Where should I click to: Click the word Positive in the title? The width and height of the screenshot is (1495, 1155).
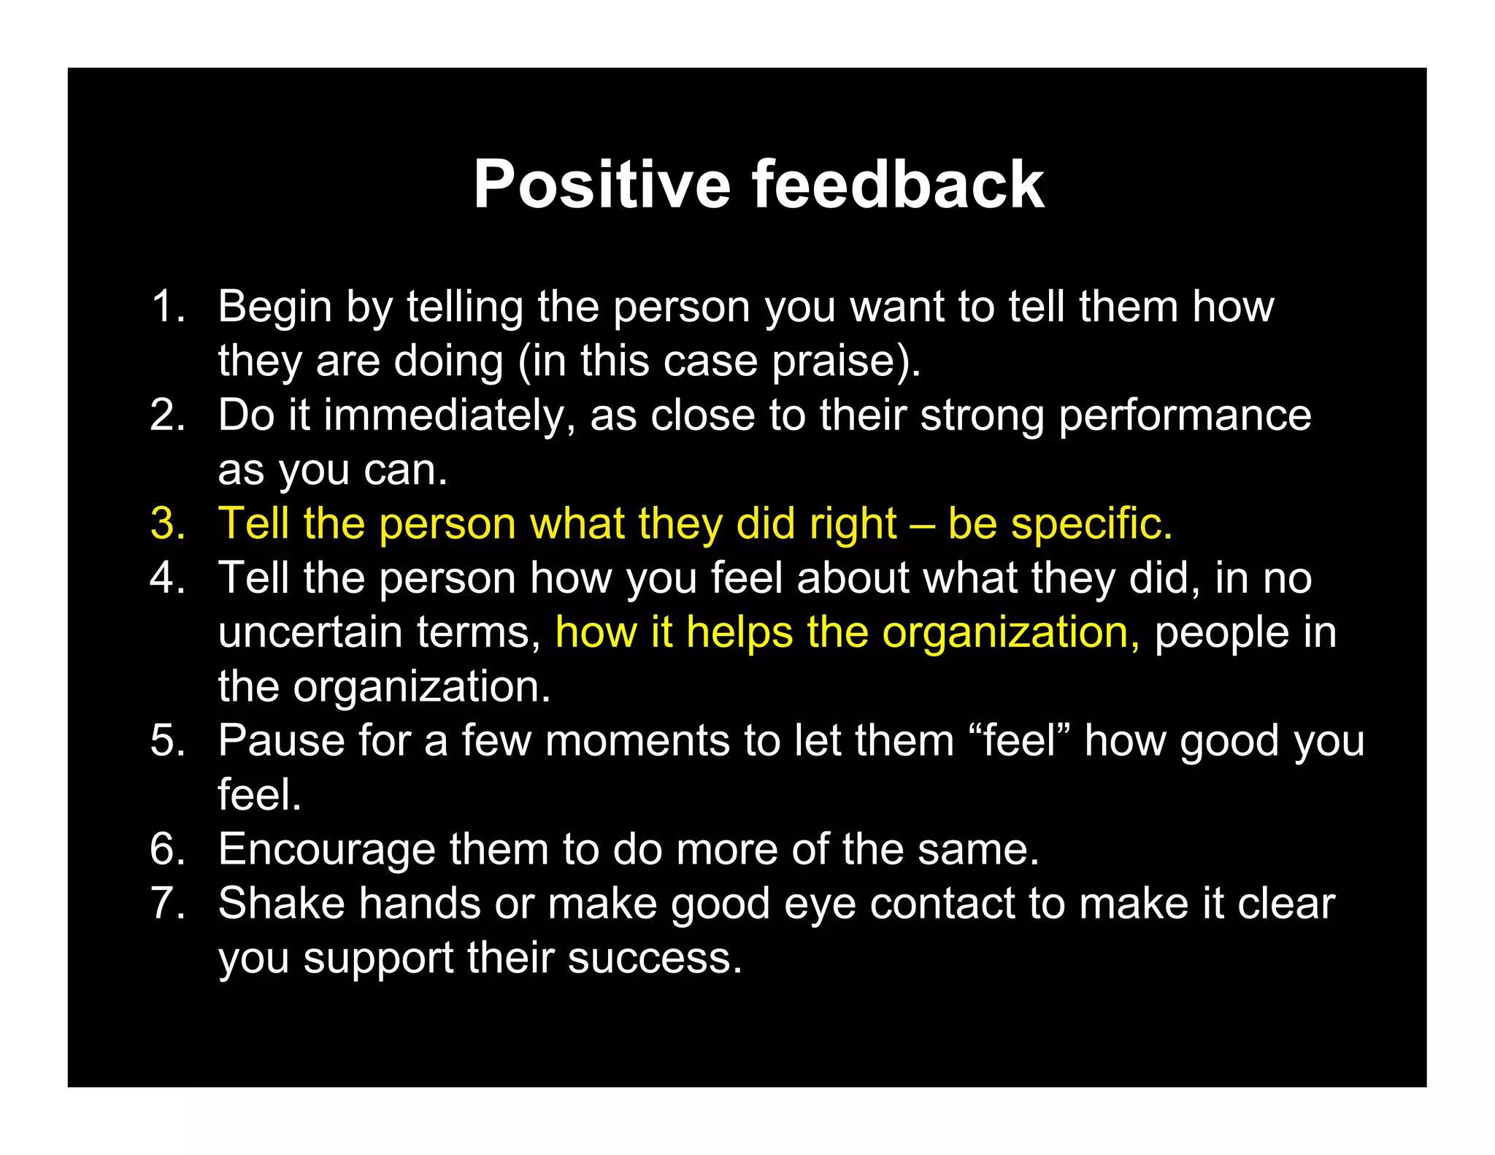[x=602, y=185]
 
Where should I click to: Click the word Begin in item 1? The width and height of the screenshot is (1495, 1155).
[x=274, y=307]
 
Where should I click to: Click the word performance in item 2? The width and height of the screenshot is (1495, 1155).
[x=1185, y=416]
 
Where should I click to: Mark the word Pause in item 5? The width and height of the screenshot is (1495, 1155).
[x=281, y=741]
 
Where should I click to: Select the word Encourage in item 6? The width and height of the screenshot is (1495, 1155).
[x=326, y=850]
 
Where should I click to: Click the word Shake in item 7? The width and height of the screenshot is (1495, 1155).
[x=281, y=904]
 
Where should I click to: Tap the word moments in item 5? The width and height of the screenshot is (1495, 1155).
[x=638, y=741]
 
